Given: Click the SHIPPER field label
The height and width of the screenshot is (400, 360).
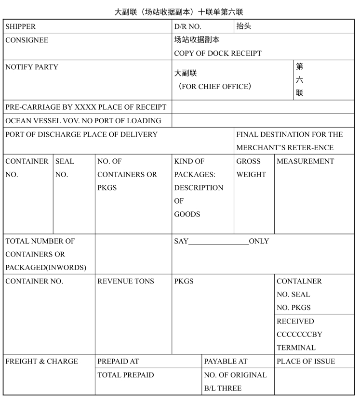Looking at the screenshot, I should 21,27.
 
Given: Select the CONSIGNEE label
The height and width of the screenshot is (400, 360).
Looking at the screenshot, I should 27,40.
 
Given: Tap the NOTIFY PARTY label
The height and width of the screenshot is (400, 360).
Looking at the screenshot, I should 32,67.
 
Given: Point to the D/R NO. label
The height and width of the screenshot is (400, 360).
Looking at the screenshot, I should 188,27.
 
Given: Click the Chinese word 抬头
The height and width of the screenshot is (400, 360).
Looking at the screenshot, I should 244,26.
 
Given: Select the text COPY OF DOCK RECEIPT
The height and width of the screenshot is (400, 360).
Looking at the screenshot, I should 218,53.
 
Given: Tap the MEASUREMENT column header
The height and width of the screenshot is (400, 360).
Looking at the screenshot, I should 306,161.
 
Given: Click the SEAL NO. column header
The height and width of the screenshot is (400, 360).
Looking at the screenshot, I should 65,168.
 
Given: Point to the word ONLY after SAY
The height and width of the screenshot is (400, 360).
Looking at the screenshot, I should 259,241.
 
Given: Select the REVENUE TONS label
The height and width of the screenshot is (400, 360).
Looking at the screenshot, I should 126,281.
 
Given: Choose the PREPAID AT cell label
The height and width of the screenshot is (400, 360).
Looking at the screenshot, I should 118,361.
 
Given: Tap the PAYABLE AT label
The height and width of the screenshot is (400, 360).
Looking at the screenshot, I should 226,361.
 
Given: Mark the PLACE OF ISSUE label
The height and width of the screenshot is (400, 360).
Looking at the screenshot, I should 306,361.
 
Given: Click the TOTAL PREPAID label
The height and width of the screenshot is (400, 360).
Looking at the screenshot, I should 126,375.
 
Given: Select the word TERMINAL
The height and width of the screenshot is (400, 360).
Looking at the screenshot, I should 296,348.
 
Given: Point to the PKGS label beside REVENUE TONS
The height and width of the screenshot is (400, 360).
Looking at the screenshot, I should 184,281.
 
